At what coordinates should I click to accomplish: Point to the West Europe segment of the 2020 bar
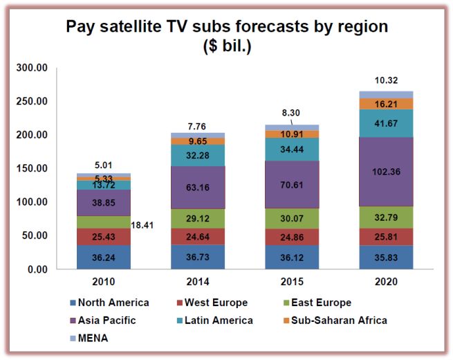(x=386, y=237)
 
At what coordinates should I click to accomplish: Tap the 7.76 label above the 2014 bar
(x=198, y=125)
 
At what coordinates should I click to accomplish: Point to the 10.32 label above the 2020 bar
(x=386, y=81)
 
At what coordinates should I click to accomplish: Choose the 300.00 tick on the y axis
(x=33, y=68)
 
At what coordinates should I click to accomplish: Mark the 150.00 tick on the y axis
(x=33, y=168)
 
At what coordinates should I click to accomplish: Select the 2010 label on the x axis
(x=104, y=282)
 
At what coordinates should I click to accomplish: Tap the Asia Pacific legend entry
(x=106, y=321)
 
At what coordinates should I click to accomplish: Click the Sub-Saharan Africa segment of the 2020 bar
(x=386, y=103)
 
